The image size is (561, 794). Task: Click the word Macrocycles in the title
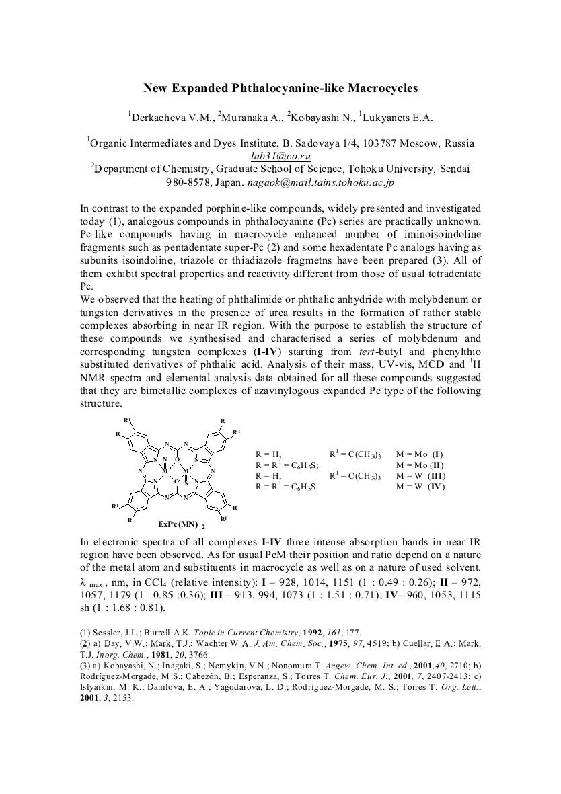pyautogui.click(x=381, y=88)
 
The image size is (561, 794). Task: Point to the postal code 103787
pyautogui.click(x=382, y=143)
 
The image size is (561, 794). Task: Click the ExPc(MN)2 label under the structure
pyautogui.click(x=178, y=523)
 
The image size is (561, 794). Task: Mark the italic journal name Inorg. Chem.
pyautogui.click(x=115, y=654)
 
